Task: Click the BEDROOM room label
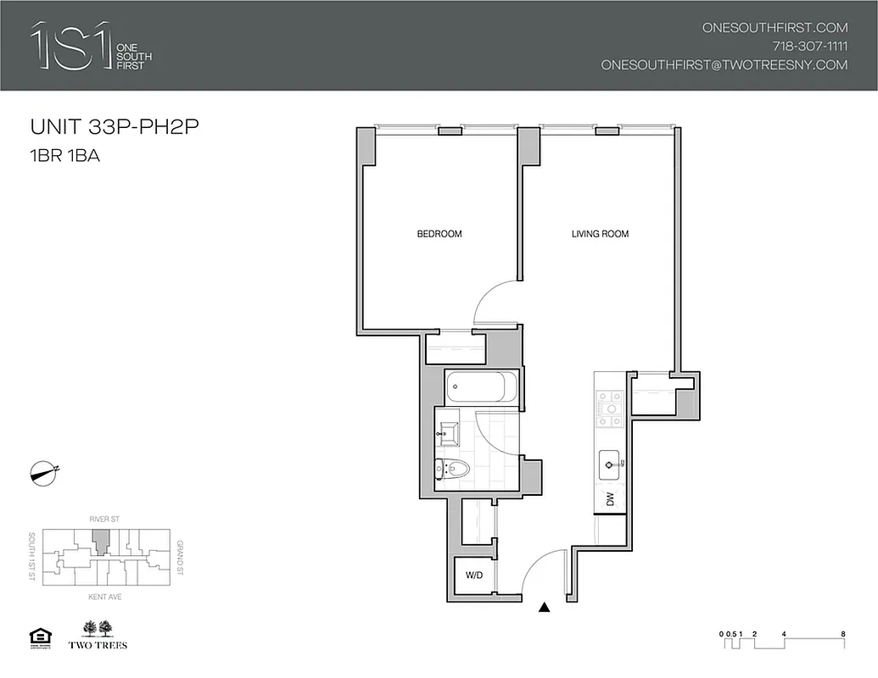[x=439, y=234]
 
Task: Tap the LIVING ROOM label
[x=600, y=234]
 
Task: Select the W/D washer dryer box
[x=473, y=576]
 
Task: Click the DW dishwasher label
[x=609, y=500]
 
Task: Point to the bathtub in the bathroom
[x=480, y=388]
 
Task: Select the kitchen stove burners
[x=609, y=408]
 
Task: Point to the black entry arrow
[x=545, y=607]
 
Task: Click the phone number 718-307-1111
[x=809, y=46]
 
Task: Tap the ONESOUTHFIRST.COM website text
[x=775, y=27]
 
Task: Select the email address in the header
[x=724, y=64]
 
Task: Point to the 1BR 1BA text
[x=65, y=156]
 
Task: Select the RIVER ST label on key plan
[x=102, y=515]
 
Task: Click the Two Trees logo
[x=103, y=635]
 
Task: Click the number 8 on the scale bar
[x=842, y=633]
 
